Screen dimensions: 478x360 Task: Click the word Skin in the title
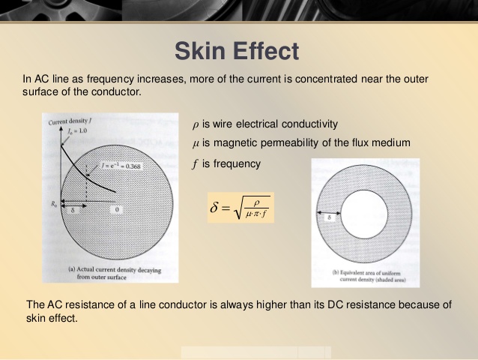198,51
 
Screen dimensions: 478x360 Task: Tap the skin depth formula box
240,208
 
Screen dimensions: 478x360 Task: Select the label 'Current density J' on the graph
70,121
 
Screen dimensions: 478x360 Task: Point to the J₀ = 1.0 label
77,131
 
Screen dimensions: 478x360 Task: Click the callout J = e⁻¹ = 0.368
121,166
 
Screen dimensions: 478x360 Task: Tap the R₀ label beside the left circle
54,204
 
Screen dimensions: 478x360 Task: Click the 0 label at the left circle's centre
117,209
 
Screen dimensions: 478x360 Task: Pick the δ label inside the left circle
73,210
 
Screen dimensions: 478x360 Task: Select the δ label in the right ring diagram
329,217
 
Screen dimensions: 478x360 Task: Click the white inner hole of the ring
364,214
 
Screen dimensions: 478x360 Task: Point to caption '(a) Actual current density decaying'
115,270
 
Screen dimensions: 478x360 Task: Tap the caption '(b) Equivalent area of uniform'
366,272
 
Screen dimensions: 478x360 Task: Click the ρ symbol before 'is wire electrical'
196,124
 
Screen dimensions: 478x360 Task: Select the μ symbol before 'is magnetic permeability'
196,143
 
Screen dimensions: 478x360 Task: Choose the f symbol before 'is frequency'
195,164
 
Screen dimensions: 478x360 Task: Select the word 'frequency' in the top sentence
110,79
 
